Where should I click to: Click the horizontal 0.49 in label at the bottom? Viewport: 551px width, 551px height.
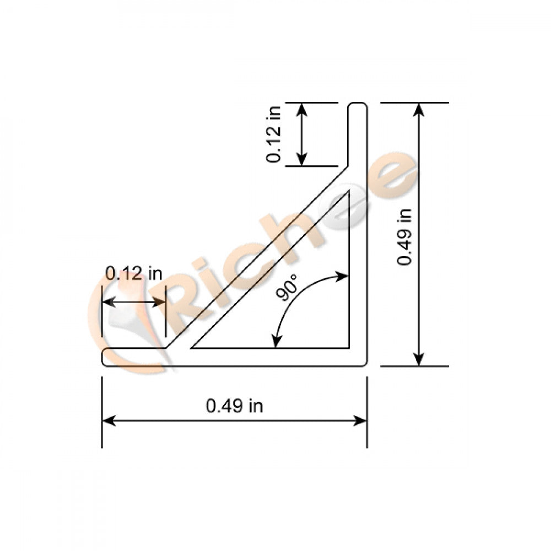click(234, 407)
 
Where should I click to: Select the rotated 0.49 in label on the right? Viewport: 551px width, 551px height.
click(405, 235)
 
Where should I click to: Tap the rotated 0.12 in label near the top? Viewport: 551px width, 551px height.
click(274, 134)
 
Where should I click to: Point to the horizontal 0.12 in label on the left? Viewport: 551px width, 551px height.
click(134, 273)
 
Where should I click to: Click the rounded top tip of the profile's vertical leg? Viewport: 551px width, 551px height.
click(358, 104)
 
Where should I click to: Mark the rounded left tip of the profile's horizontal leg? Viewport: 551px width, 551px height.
click(104, 357)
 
